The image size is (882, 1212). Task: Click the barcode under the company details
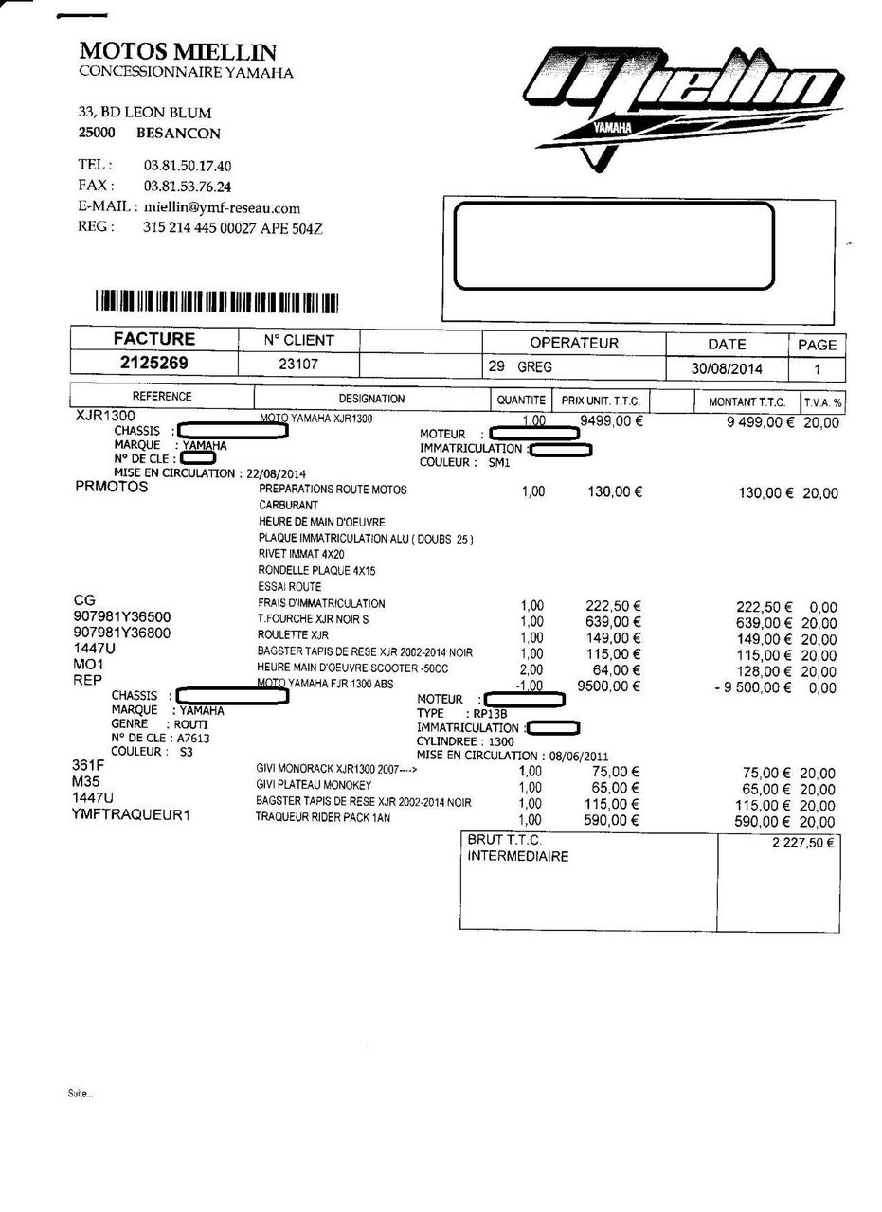[x=217, y=302]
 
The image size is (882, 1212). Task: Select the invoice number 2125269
[x=153, y=364]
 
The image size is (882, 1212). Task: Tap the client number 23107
[x=297, y=364]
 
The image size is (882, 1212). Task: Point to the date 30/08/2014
[x=727, y=368]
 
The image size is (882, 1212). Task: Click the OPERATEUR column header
[x=573, y=343]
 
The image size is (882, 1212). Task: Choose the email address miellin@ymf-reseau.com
[x=222, y=208]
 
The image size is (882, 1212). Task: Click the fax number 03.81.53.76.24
[x=188, y=187]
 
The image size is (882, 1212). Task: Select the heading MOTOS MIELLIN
[x=178, y=50]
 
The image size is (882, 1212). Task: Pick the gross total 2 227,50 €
[x=803, y=843]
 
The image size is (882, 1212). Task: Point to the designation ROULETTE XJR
[x=293, y=636]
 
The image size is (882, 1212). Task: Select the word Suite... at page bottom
[x=81, y=1094]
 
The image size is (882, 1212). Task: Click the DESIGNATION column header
[x=371, y=399]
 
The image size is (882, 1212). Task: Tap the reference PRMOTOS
[x=111, y=488]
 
